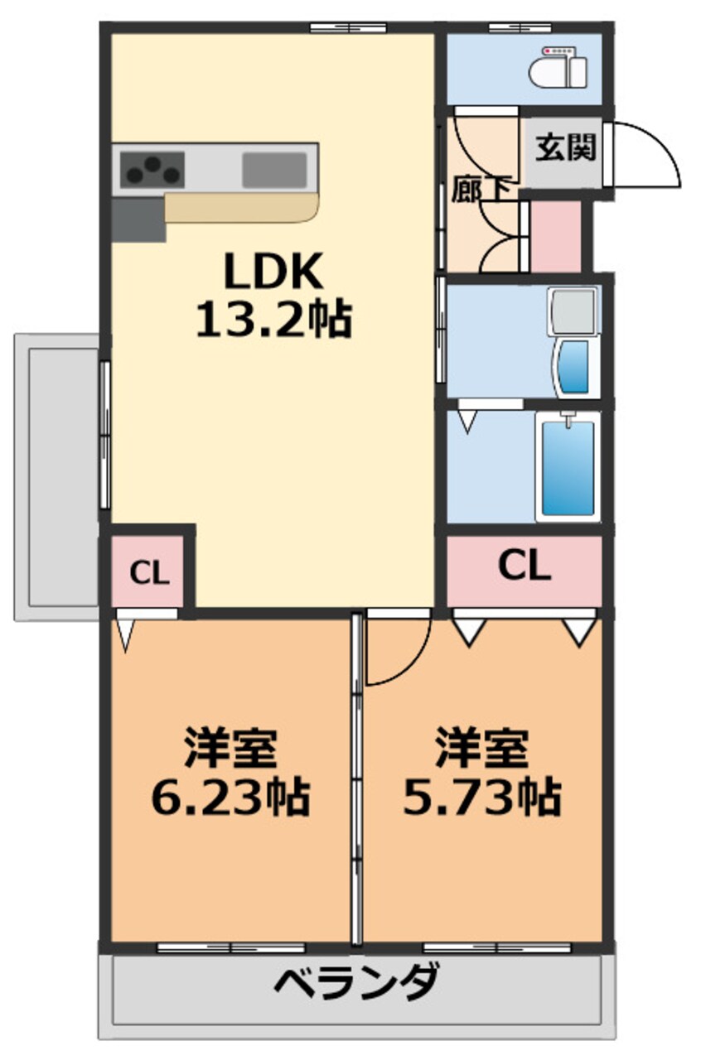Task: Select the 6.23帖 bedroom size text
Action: pos(230,797)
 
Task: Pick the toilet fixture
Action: pos(559,66)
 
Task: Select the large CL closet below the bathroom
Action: pos(524,567)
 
